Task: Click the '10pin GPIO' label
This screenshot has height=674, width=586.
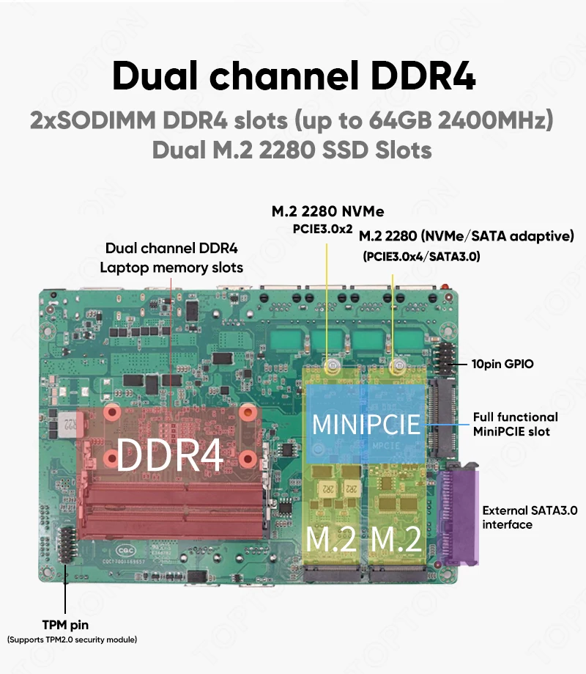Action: click(502, 364)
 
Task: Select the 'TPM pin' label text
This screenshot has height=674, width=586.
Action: click(65, 625)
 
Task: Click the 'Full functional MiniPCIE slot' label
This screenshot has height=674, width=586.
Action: click(515, 424)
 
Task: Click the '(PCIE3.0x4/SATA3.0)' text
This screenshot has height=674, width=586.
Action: click(421, 257)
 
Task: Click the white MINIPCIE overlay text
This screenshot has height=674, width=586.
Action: click(366, 424)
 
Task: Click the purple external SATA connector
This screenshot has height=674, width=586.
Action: click(457, 517)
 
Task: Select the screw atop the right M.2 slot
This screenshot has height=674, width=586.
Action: click(400, 364)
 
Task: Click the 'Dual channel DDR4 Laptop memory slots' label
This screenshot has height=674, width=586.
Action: click(171, 257)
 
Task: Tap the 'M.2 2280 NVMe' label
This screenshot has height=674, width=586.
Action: click(327, 212)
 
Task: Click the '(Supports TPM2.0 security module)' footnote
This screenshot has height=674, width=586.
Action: click(71, 640)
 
